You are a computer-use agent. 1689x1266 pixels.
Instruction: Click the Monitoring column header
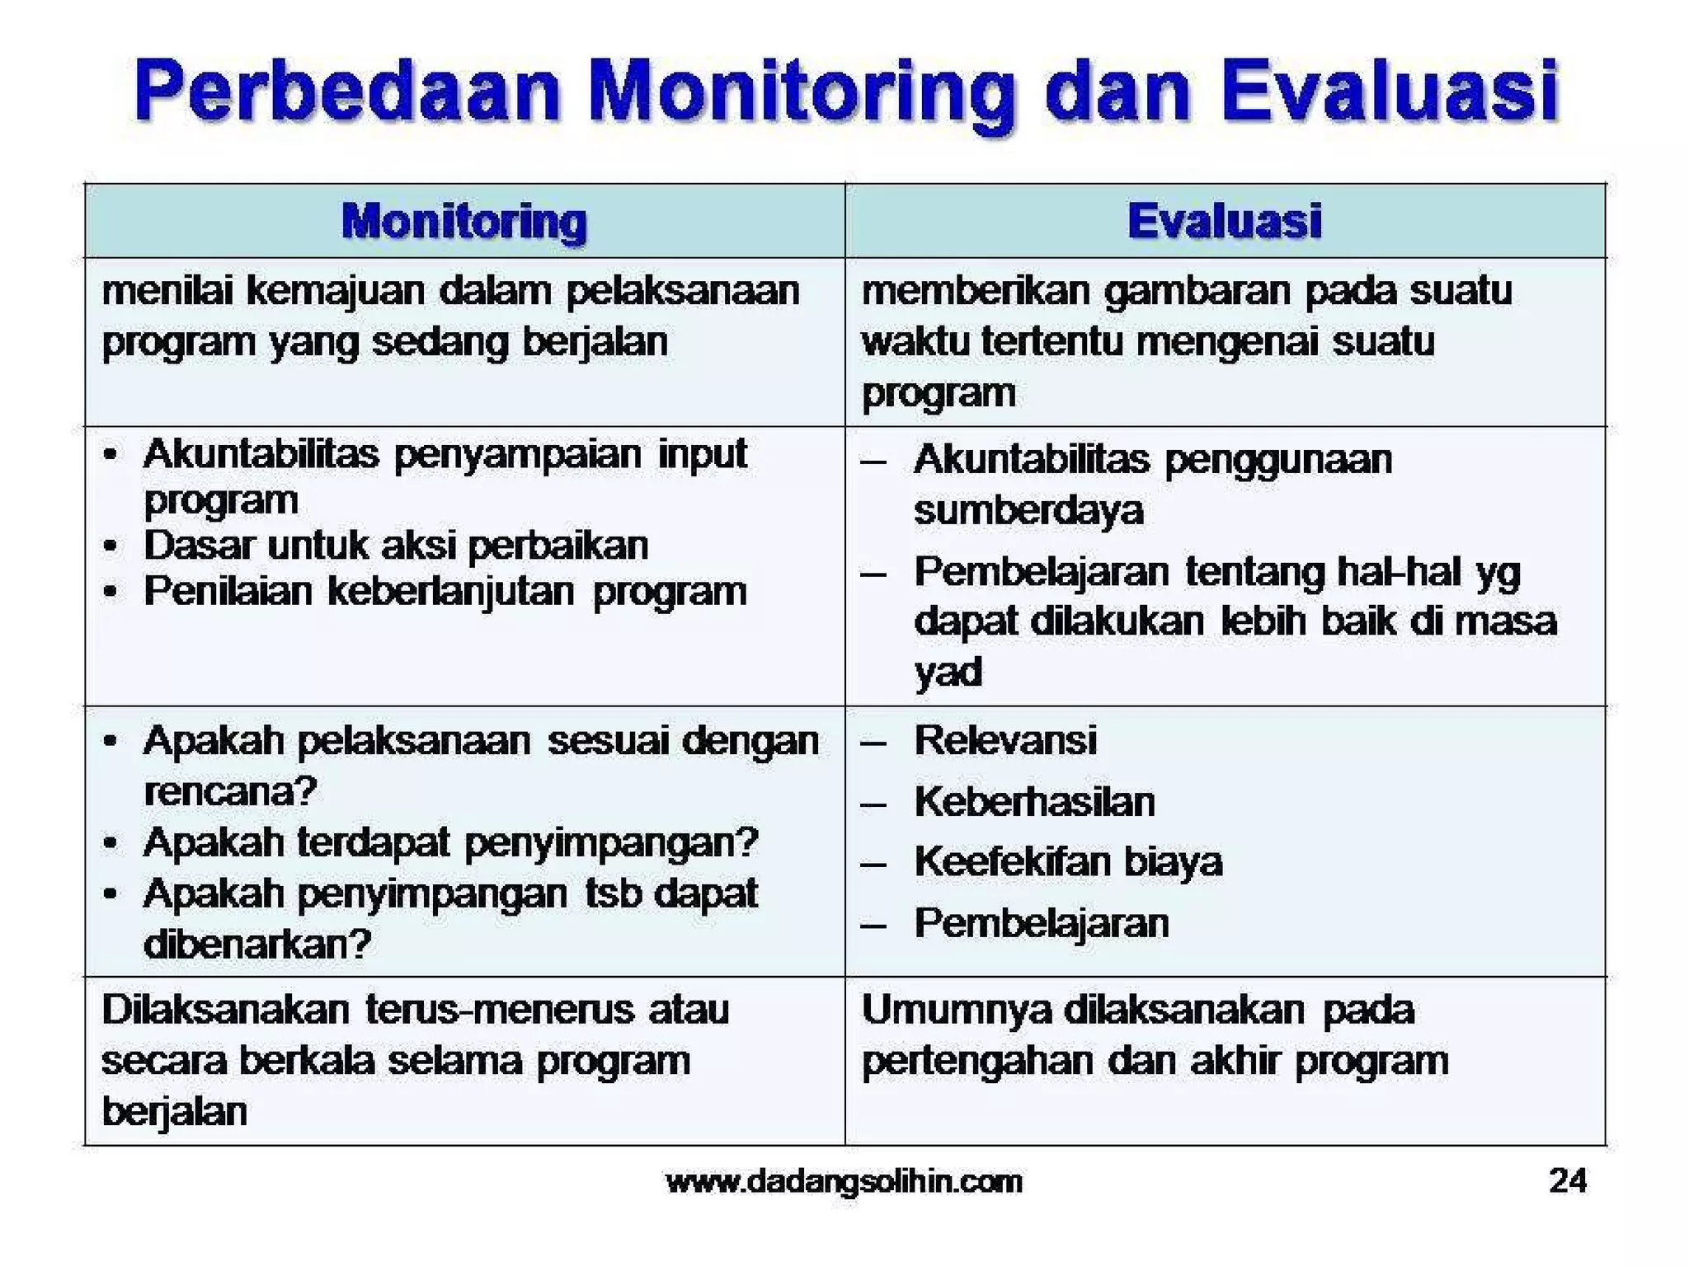[463, 222]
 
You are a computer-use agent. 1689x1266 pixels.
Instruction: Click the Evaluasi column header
[1224, 221]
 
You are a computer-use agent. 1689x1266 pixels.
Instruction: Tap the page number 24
[1567, 1180]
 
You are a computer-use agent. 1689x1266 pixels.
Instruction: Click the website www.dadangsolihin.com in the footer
[844, 1181]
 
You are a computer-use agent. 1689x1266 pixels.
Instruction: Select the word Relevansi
[1005, 739]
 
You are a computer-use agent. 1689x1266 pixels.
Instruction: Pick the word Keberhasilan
[1034, 801]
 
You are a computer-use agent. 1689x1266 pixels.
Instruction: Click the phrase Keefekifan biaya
[1068, 862]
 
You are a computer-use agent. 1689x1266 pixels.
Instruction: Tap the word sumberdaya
[1028, 510]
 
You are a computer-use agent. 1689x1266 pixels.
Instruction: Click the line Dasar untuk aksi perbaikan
[396, 546]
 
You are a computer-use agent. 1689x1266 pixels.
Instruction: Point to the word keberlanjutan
[450, 591]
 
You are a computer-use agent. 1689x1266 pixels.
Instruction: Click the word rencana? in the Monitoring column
[230, 791]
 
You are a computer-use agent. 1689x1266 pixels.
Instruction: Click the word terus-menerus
[500, 1010]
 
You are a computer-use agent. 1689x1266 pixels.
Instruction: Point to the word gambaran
[1197, 291]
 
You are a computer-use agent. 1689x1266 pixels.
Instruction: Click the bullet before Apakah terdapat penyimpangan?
[111, 843]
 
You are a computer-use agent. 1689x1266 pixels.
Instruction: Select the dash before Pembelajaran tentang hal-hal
[873, 573]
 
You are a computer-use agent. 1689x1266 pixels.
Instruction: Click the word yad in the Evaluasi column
[948, 672]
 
